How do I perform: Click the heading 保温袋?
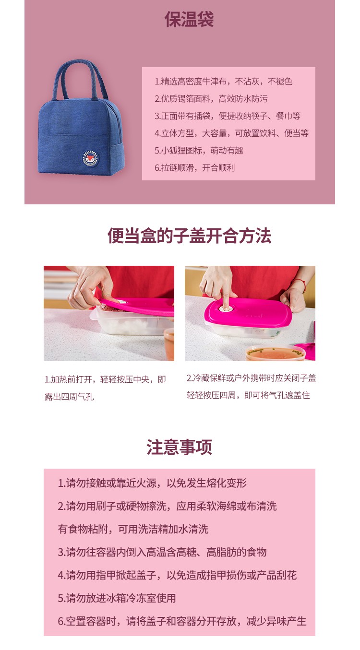tap(189, 19)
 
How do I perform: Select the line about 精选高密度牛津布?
tap(223, 82)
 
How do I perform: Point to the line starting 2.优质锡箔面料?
tap(211, 99)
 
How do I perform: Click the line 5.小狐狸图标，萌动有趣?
tap(199, 150)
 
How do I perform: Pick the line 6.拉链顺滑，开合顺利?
tap(194, 167)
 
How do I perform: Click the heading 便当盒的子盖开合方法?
tap(189, 236)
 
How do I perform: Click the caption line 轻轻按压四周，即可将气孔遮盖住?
tap(248, 395)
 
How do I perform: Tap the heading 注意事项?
tap(180, 447)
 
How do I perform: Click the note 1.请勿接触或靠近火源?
tap(152, 483)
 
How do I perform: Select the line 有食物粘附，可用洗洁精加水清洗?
tap(133, 529)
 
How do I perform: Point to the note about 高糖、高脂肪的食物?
tap(162, 552)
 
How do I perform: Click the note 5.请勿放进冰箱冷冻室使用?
tap(117, 598)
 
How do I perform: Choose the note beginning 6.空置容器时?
tap(182, 621)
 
